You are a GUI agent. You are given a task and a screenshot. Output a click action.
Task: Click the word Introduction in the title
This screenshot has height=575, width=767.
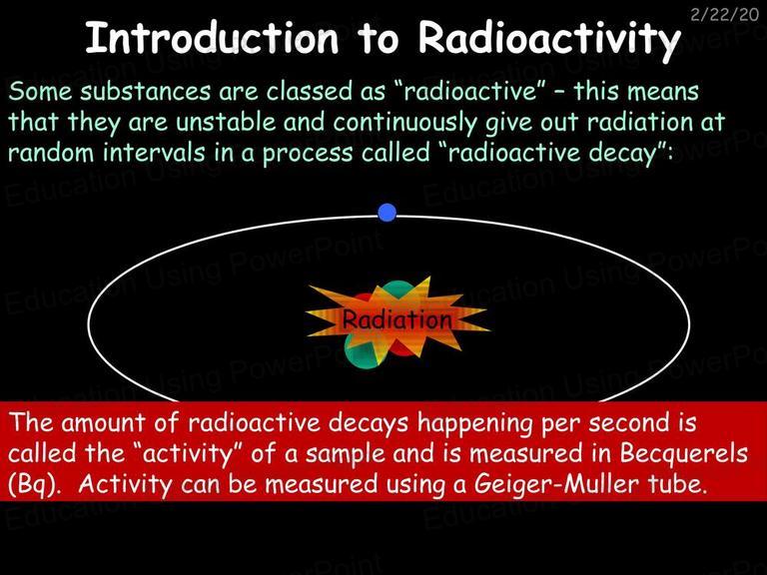(x=212, y=38)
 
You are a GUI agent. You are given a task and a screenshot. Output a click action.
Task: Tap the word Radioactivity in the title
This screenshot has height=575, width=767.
(x=549, y=40)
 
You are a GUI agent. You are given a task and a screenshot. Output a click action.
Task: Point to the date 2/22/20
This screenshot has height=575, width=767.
(x=724, y=14)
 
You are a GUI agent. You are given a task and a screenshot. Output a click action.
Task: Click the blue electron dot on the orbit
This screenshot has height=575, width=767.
(x=386, y=213)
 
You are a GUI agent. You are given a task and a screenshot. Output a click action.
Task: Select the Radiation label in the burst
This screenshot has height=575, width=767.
(x=396, y=319)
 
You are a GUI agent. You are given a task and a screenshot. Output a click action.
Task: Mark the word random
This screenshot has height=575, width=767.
(x=51, y=152)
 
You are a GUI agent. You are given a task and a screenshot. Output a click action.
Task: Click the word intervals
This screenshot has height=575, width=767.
(x=154, y=152)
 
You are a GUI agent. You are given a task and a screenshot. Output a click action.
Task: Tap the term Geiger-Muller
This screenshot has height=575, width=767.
(x=556, y=485)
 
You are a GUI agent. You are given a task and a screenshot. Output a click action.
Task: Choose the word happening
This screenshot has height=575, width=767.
(x=474, y=424)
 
